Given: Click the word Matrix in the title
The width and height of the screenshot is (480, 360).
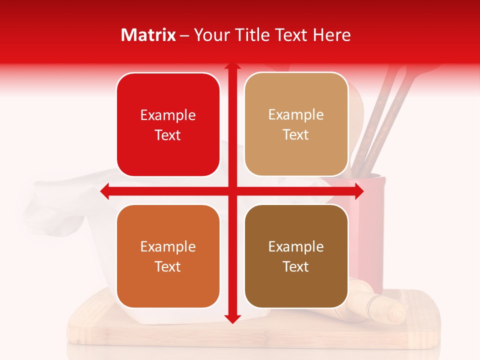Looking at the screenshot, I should coord(149,35).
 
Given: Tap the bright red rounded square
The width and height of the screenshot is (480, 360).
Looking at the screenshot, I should coord(168,124).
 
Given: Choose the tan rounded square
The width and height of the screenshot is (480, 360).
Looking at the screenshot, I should coord(296,124).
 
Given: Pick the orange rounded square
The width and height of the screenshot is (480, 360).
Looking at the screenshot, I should coord(168,256).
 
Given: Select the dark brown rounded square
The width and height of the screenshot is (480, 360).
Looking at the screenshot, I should coord(296,256).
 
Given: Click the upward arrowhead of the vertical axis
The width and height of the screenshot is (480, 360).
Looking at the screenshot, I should coord(232,67).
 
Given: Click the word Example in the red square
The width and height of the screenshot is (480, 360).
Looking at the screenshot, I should coord(168,115).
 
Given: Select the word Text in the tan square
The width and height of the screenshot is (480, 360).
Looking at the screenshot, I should coord(296,135).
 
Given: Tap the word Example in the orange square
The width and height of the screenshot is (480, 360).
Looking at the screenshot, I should coord(168,246).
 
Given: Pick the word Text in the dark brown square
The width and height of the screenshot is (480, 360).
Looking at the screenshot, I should coord(296,266).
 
